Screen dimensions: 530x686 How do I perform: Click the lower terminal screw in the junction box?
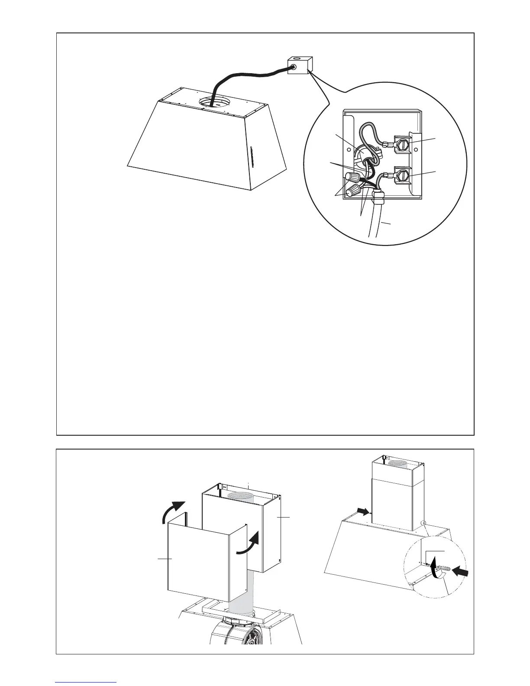[x=402, y=176]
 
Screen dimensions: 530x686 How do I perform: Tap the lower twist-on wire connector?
[x=355, y=190]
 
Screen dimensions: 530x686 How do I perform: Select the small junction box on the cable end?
[x=299, y=65]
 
